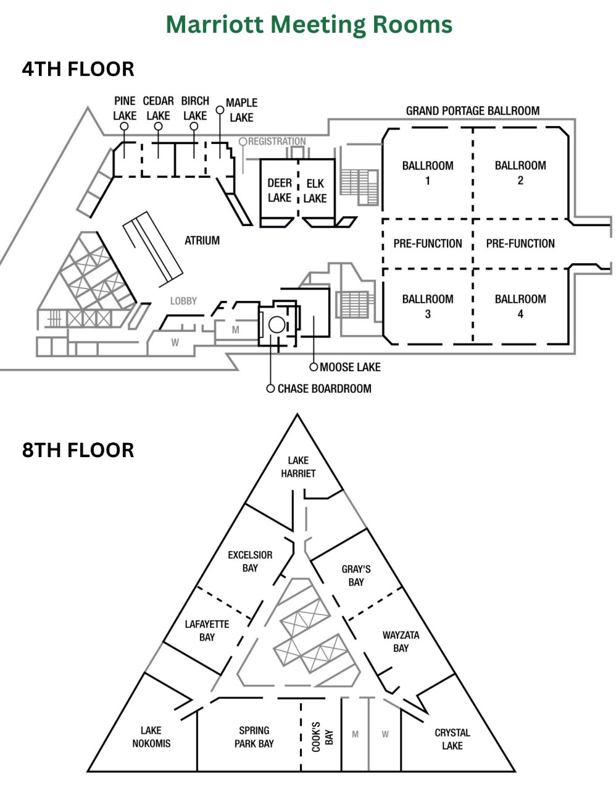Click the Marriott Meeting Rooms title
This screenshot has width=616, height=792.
(309, 25)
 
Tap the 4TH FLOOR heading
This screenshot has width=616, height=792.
(78, 69)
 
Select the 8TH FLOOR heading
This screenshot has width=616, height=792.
(78, 450)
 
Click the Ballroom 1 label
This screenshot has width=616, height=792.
(427, 173)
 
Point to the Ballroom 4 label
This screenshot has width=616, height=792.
(520, 306)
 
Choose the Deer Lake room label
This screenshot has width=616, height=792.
(280, 190)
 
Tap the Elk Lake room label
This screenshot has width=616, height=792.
(315, 191)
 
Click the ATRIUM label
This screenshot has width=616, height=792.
(202, 240)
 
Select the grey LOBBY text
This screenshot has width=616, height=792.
(183, 301)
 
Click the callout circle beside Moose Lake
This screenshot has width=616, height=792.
(314, 367)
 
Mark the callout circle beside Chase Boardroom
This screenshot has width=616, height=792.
(270, 389)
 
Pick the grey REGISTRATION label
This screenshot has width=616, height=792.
(277, 141)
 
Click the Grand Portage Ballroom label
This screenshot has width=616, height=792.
(473, 111)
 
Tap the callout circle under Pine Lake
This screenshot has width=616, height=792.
(124, 126)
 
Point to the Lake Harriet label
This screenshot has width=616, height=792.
(298, 466)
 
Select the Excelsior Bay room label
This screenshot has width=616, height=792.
(250, 562)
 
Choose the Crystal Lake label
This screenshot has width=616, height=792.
(452, 739)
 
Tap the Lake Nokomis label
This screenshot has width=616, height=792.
(151, 736)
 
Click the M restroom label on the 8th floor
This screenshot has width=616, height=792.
(355, 734)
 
